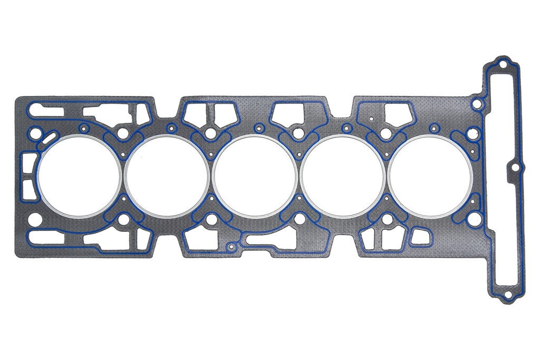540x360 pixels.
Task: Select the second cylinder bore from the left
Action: pyautogui.click(x=167, y=176)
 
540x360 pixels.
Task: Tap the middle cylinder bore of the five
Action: pyautogui.click(x=255, y=176)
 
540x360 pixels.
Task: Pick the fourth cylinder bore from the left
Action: pyautogui.click(x=343, y=176)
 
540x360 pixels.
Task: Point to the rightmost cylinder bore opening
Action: pyautogui.click(x=430, y=176)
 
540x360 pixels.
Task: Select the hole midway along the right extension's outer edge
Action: pyautogui.click(x=515, y=168)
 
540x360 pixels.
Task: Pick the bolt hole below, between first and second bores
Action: pyautogui.click(x=123, y=220)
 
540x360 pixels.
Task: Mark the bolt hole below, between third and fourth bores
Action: pyautogui.click(x=299, y=219)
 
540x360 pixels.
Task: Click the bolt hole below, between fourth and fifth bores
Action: pyautogui.click(x=387, y=219)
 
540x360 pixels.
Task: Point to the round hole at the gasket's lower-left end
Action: pyautogui.click(x=35, y=219)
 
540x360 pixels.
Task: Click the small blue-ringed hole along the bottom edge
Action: pyautogui.click(x=230, y=246)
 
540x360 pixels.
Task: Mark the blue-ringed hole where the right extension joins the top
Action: pyautogui.click(x=477, y=104)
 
